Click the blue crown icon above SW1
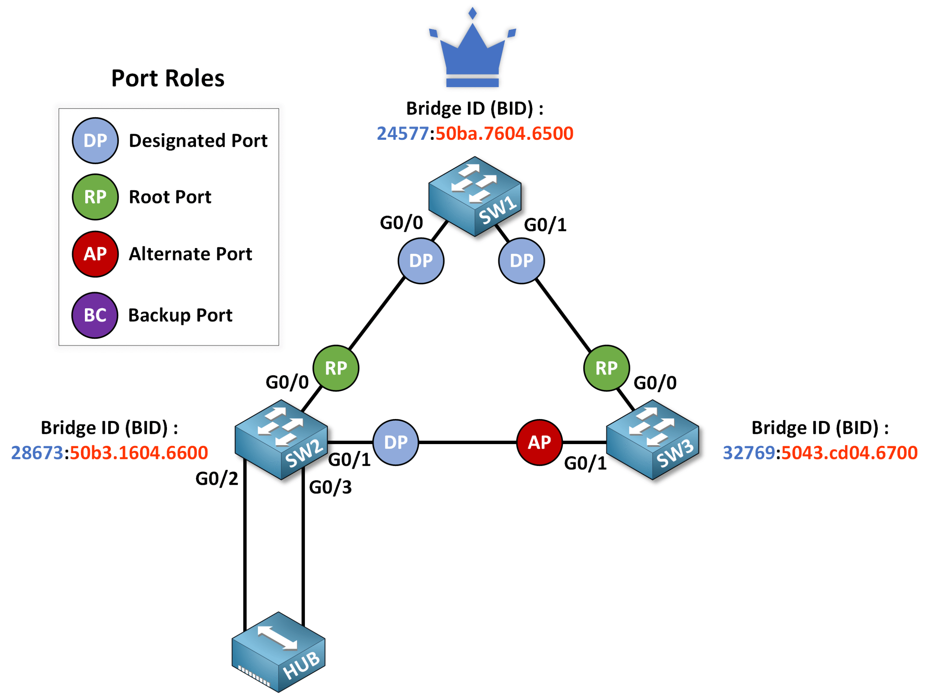tap(472, 53)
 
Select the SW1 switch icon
tap(475, 196)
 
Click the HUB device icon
tap(278, 652)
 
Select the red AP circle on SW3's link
tap(539, 442)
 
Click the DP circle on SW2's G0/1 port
tap(396, 442)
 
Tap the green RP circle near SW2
tap(336, 368)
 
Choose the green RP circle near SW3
tap(606, 368)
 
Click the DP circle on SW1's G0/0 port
tap(421, 261)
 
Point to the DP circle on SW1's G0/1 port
tap(521, 261)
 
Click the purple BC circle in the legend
tap(95, 315)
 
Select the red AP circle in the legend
tap(95, 254)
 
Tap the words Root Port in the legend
tap(170, 197)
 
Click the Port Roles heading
tap(168, 78)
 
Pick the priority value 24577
tap(402, 134)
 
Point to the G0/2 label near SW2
tap(217, 479)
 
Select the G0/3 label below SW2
tap(330, 487)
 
